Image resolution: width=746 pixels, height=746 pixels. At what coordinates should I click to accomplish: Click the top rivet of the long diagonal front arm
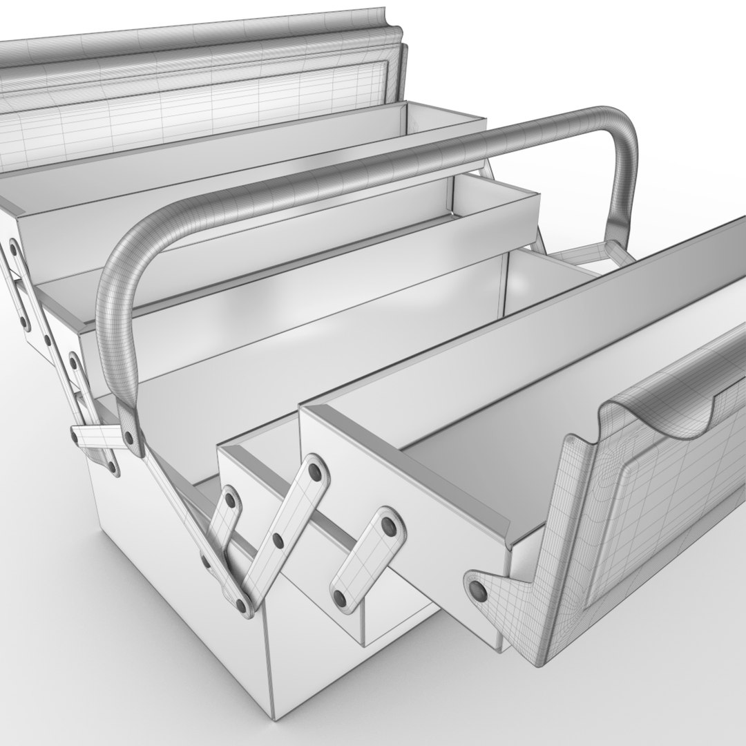(x=317, y=472)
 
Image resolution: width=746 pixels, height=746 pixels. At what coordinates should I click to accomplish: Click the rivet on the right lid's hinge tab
(x=476, y=589)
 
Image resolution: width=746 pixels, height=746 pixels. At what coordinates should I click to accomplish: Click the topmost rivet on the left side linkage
(x=13, y=245)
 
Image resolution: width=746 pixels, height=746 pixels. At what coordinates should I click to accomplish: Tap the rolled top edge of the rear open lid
(x=207, y=41)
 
